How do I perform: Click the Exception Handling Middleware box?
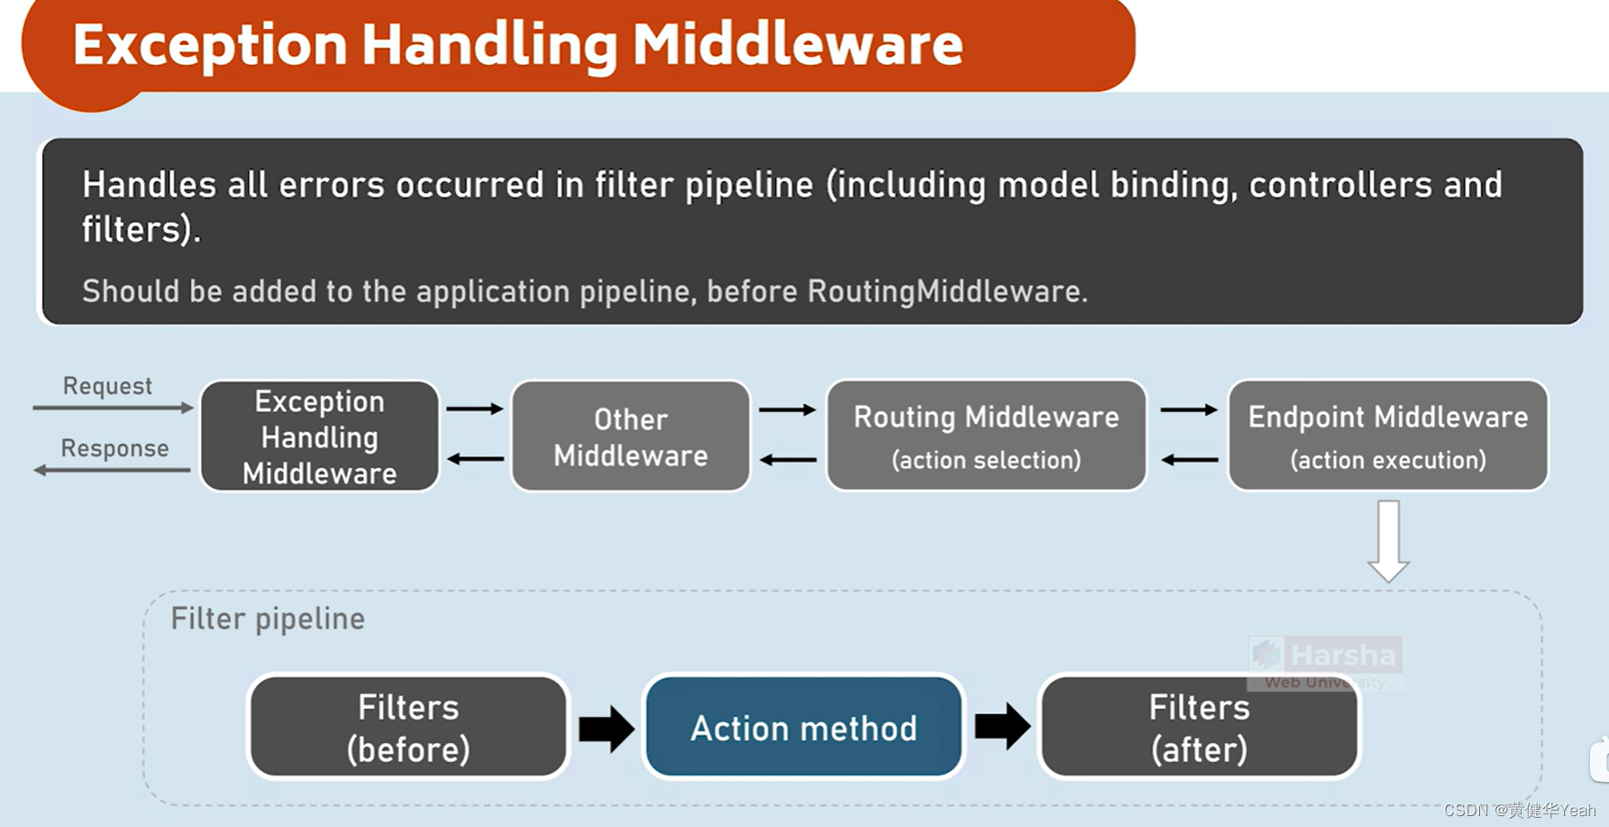pos(319,436)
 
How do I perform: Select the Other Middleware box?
pos(630,436)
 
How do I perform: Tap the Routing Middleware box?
pos(986,436)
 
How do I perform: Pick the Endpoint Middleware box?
pos(1387,436)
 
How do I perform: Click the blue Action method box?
pos(803,727)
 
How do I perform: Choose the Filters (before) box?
pos(408,727)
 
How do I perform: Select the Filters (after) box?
pos(1199,727)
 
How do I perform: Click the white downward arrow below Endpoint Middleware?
pos(1388,541)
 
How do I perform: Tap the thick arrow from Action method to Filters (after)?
pos(1001,726)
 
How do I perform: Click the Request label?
pos(107,386)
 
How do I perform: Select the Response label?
pos(114,448)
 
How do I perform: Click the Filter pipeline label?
pos(268,619)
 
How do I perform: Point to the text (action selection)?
pos(986,460)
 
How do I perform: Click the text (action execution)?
pos(1387,460)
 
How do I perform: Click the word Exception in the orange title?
pos(210,45)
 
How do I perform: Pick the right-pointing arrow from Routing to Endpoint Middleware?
pos(1188,410)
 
